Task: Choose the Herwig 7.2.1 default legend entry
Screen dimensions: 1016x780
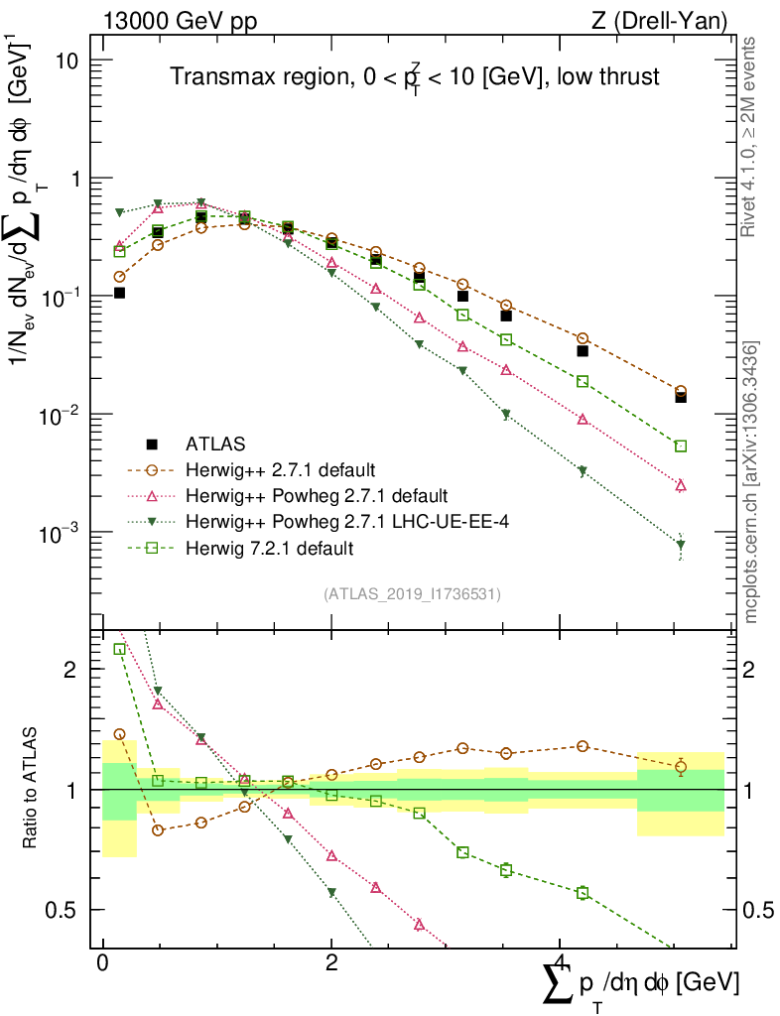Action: click(270, 548)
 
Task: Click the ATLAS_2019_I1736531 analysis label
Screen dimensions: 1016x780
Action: click(412, 594)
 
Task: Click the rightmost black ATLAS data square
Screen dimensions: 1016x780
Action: click(681, 396)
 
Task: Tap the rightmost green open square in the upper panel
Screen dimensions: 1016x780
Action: click(681, 446)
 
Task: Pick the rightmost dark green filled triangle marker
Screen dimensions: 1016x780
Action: click(681, 545)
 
